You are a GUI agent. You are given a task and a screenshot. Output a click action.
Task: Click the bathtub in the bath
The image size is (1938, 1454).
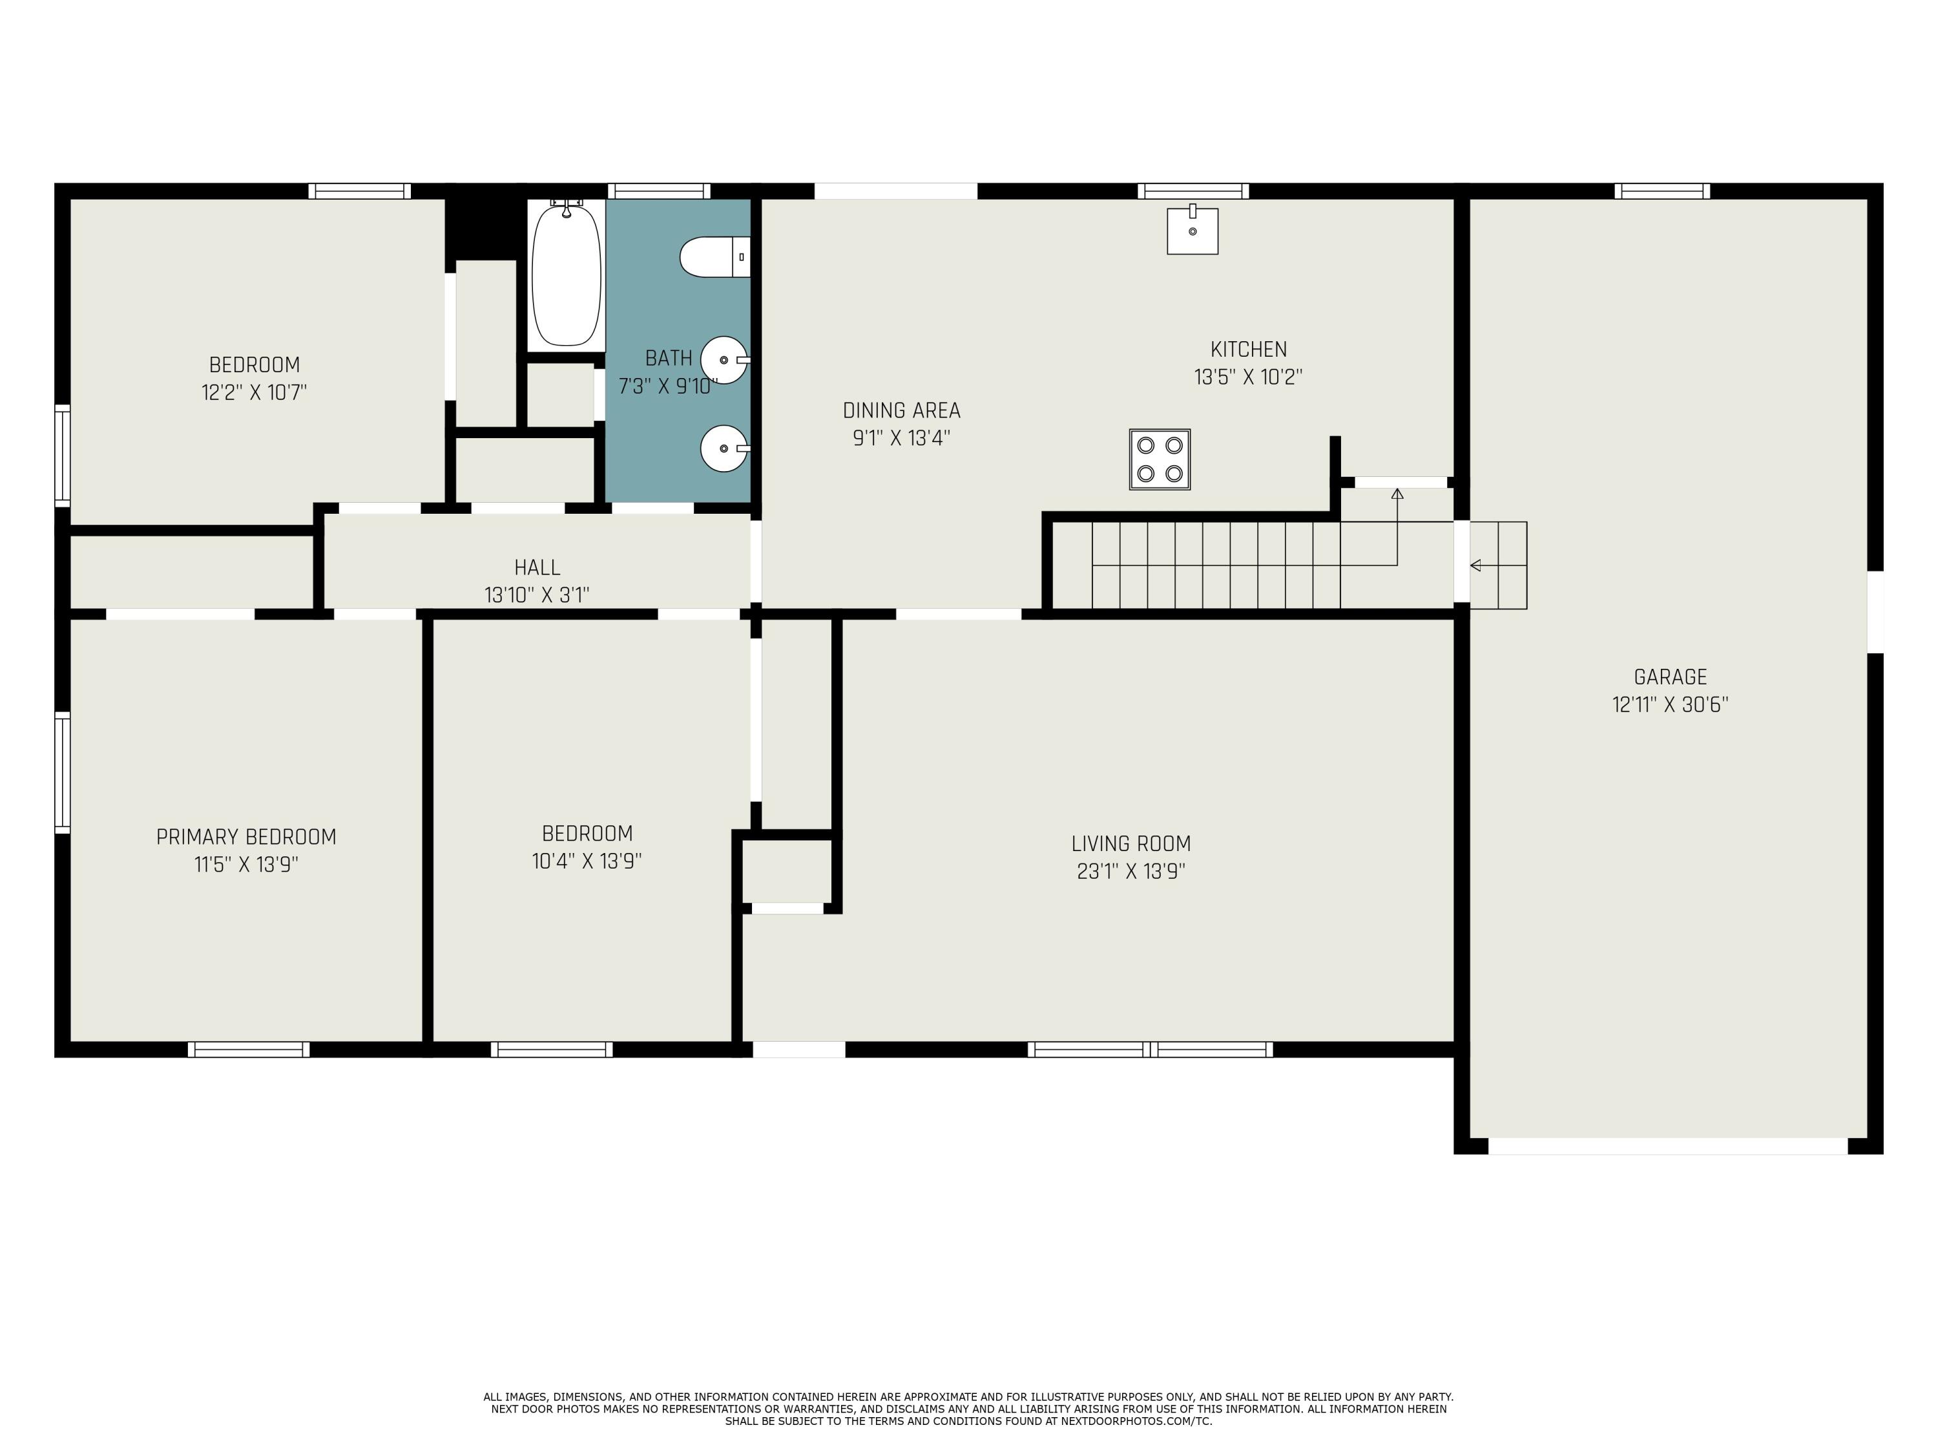click(x=567, y=275)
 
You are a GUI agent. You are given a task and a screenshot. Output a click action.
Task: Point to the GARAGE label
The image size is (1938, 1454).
click(x=1670, y=677)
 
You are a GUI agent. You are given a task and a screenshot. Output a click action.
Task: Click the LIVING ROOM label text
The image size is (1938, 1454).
click(x=1131, y=843)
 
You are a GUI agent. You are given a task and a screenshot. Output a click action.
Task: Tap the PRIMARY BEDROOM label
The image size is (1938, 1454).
click(x=246, y=837)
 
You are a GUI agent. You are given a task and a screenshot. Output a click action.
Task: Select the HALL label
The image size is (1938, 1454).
click(x=537, y=567)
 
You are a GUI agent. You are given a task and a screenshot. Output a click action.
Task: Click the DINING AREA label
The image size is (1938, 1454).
click(x=902, y=410)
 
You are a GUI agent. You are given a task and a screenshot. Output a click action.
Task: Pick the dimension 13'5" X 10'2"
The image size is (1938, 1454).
click(x=1249, y=377)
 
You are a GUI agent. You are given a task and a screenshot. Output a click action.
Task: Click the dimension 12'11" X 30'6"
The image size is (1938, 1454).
click(x=1670, y=704)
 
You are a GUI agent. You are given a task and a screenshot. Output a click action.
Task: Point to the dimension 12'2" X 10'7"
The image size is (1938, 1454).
click(x=254, y=392)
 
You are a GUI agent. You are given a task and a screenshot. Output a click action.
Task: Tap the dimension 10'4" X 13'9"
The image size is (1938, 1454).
click(x=587, y=861)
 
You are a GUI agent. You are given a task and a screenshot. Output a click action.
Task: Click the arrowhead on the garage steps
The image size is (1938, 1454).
click(x=1475, y=565)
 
